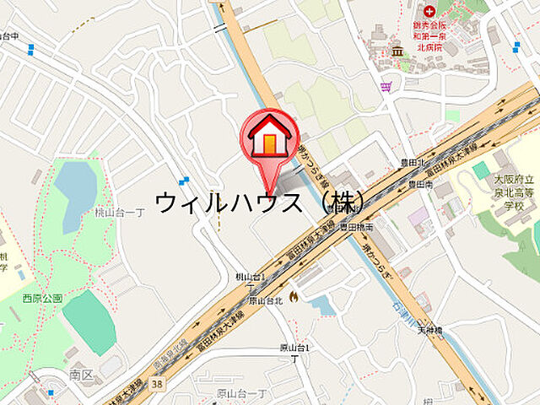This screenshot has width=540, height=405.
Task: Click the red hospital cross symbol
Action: pyautogui.click(x=429, y=11)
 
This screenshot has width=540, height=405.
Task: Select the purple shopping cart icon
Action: pyautogui.click(x=386, y=85)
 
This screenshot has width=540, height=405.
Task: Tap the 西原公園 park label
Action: pyautogui.click(x=43, y=298)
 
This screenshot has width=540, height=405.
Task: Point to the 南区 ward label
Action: pyautogui.click(x=82, y=373)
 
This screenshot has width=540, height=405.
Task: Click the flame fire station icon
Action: pyautogui.click(x=292, y=296)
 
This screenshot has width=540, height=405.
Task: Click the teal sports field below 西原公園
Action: pyautogui.click(x=89, y=321)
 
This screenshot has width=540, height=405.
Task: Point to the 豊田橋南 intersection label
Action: pyautogui.click(x=356, y=227)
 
